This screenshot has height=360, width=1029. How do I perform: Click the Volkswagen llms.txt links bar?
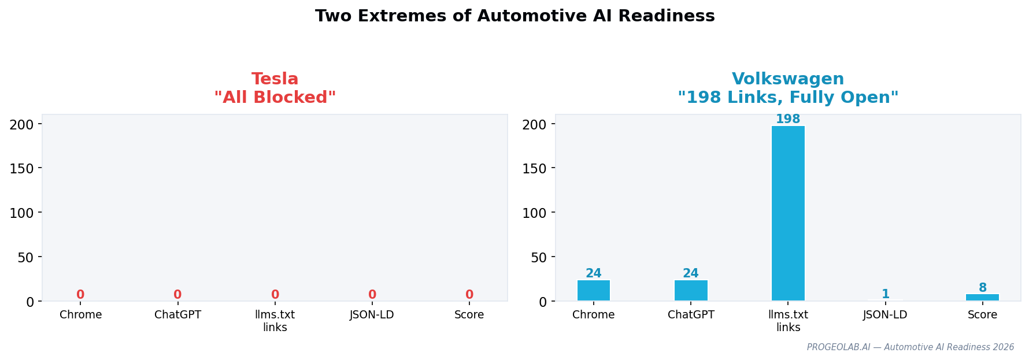point(788,214)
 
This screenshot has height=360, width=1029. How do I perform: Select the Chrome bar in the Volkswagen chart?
point(593,291)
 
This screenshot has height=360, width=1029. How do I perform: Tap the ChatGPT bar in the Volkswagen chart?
point(691,291)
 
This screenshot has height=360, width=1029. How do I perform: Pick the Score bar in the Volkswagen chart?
point(982,297)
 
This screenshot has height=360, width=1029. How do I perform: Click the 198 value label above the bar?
point(788,120)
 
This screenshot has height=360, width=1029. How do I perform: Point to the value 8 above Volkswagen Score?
point(982,288)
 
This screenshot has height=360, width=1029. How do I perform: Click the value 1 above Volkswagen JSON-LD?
point(885,294)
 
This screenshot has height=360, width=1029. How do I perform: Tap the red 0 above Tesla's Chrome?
point(80,295)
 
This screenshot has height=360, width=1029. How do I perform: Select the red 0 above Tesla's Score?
point(469,295)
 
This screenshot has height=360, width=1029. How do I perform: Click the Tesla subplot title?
point(275,88)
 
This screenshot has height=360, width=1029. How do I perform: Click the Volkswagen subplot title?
point(788,88)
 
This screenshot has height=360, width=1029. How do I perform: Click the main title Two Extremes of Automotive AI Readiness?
point(514,16)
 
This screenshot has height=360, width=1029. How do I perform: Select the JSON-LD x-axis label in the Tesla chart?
point(372,315)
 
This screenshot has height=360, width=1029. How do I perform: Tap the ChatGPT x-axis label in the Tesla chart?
point(177,315)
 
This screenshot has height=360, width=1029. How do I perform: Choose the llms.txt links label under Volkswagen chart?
point(788,321)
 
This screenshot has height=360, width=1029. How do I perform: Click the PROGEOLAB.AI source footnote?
point(910,347)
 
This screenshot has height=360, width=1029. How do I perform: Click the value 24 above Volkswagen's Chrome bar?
point(593,273)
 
